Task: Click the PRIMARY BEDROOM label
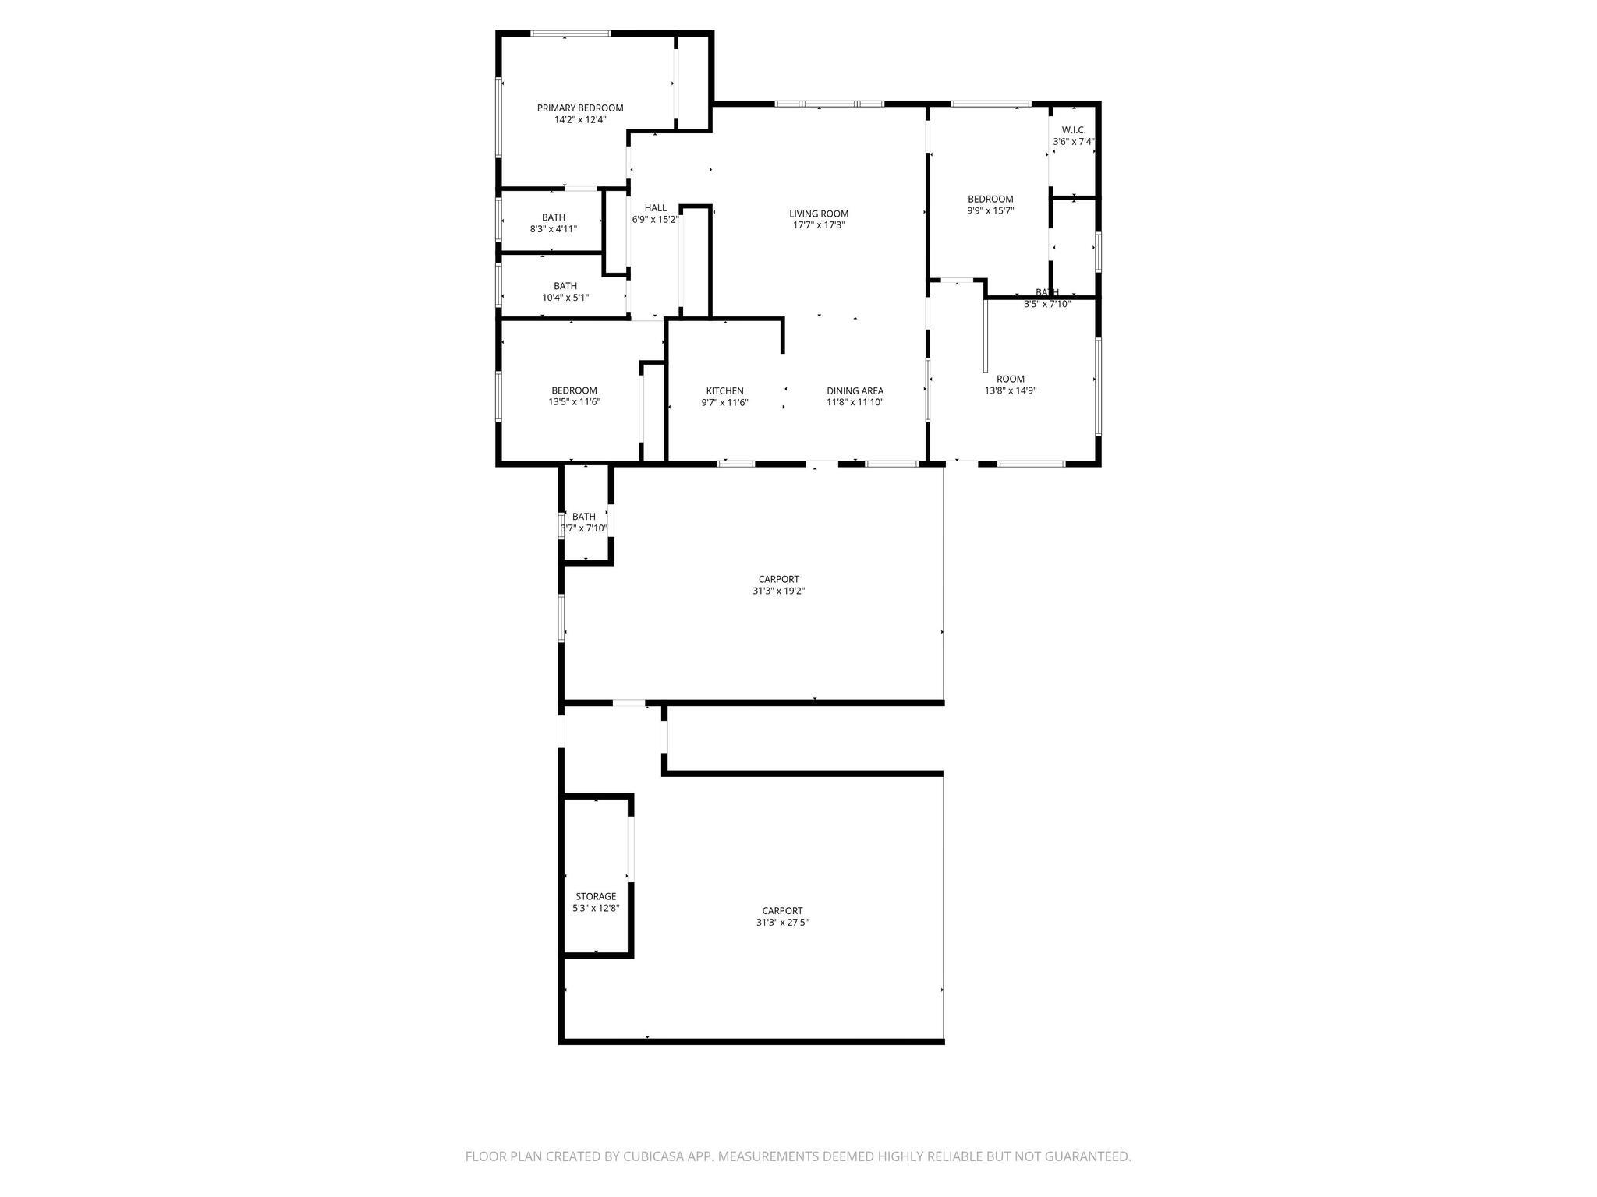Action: [580, 108]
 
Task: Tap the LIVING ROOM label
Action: [819, 214]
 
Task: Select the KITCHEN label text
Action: [725, 391]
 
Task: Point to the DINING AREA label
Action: [855, 391]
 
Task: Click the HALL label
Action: [656, 208]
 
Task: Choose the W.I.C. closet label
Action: [1074, 130]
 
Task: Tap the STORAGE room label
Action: [596, 897]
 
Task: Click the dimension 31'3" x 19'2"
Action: [779, 591]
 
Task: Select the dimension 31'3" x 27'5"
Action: [782, 922]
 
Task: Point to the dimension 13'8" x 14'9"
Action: [1011, 391]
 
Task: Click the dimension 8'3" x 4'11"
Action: [554, 229]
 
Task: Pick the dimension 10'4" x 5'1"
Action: [565, 298]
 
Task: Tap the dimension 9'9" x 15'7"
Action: [990, 210]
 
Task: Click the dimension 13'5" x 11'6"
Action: [575, 402]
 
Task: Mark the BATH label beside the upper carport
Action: [584, 517]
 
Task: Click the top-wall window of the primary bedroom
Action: [571, 34]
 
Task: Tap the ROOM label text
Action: [1011, 380]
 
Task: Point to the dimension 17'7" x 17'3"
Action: [819, 225]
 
